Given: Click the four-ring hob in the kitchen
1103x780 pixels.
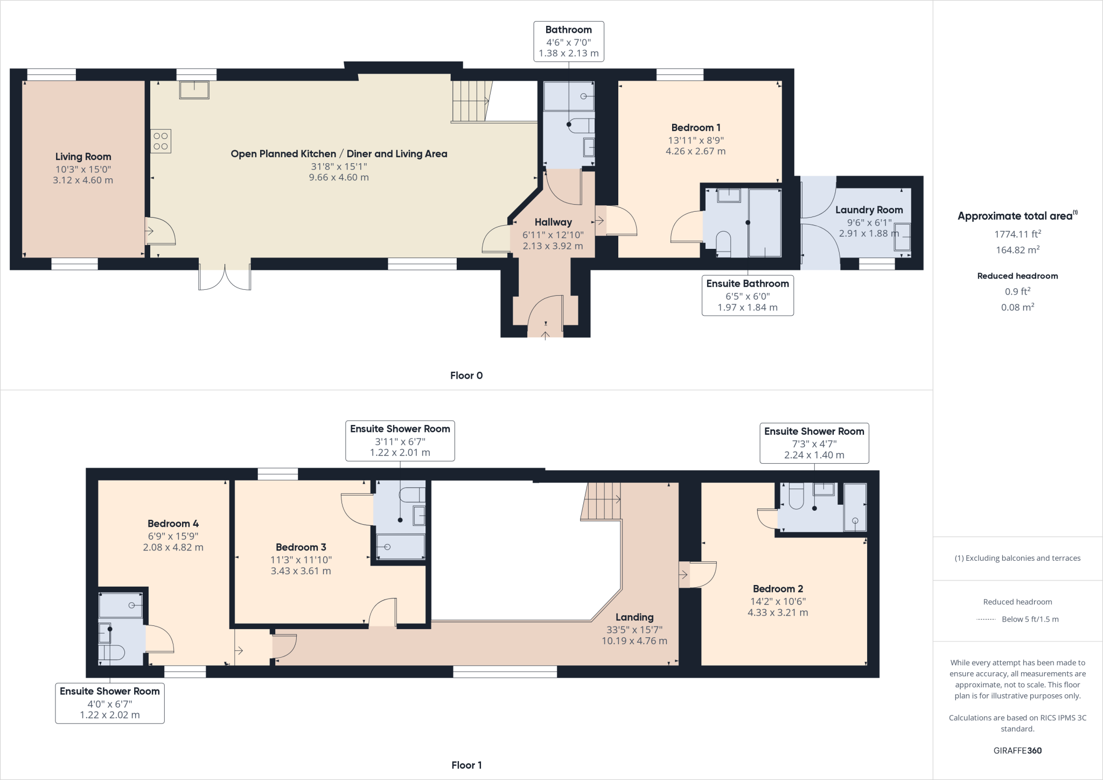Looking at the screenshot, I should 160,141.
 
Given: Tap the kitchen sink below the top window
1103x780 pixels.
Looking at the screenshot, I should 194,90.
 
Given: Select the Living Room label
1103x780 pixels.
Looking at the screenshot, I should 83,157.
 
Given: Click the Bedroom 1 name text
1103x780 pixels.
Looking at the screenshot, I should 696,128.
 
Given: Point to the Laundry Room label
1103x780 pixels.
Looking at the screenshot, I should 869,210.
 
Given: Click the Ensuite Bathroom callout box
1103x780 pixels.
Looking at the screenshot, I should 748,295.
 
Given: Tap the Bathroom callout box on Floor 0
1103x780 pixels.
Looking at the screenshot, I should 568,41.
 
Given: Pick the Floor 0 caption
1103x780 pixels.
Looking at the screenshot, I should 466,375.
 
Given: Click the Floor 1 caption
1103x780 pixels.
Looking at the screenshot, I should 466,765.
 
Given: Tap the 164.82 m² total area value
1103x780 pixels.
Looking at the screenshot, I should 1017,250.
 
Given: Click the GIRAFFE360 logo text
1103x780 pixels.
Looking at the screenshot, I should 1017,750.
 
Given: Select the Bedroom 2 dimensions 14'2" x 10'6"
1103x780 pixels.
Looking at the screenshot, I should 778,601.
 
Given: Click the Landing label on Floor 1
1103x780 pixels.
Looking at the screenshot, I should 634,617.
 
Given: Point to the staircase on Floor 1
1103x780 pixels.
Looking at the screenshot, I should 602,501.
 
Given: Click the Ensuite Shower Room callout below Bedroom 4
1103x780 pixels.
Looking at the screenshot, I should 110,703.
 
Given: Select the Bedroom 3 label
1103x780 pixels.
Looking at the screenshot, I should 301,547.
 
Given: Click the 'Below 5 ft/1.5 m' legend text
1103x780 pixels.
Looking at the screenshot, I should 1030,619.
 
